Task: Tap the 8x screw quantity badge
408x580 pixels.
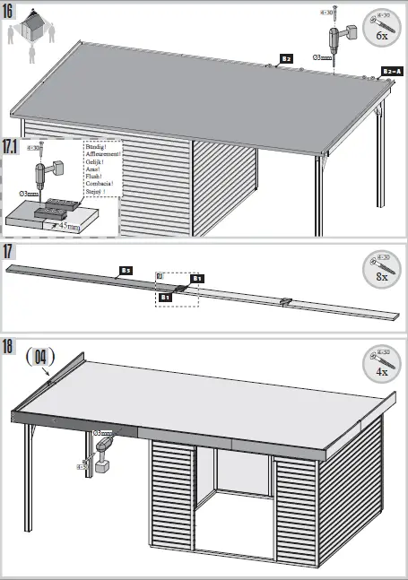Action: click(x=381, y=269)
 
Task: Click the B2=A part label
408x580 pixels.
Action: click(x=392, y=71)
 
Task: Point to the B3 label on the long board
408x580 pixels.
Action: click(x=126, y=269)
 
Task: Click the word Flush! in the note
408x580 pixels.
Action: click(x=93, y=176)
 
